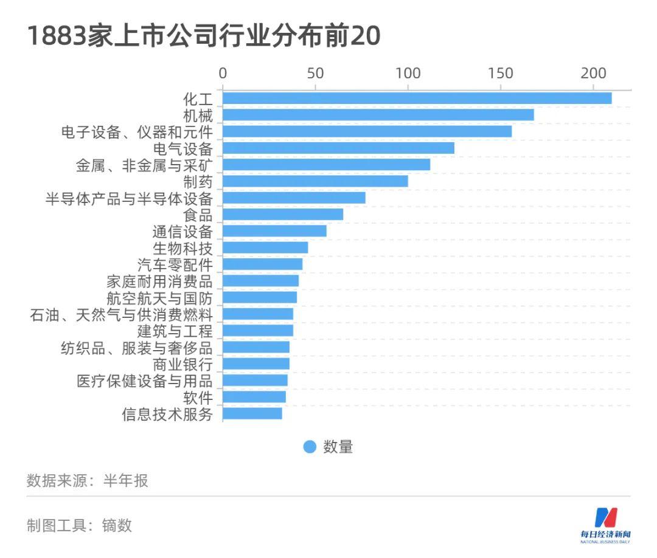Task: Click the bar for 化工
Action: (417, 98)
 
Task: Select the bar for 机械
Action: (378, 115)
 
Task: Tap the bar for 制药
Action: (315, 181)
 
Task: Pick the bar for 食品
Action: (283, 215)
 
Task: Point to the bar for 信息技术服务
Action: (252, 413)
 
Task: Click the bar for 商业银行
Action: (256, 364)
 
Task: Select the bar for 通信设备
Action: (274, 231)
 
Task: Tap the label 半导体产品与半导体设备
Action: (129, 198)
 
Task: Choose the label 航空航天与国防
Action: (159, 298)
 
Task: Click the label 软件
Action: (198, 398)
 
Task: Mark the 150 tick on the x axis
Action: (500, 74)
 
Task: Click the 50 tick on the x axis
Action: (315, 74)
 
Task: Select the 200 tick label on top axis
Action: (593, 74)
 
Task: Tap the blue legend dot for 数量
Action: (310, 447)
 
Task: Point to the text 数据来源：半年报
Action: (88, 481)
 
